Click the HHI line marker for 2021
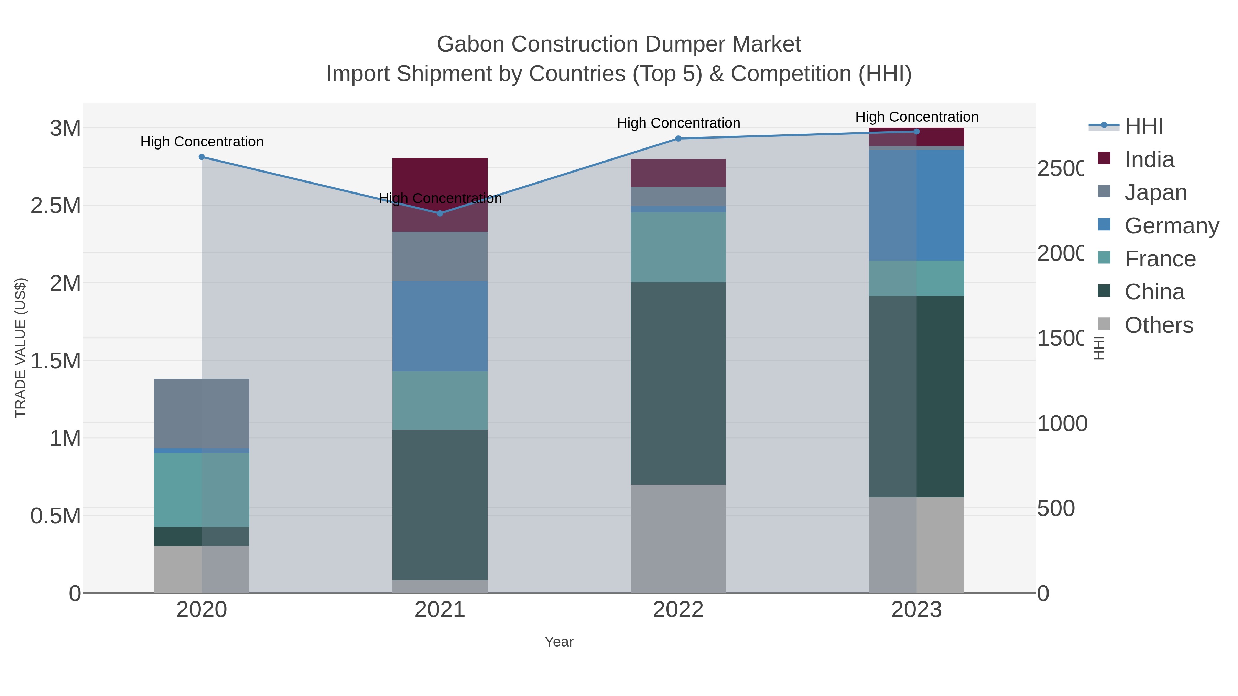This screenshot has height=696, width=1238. click(440, 213)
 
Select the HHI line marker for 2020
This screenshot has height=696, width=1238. click(202, 157)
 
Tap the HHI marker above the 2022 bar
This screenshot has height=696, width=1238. click(678, 139)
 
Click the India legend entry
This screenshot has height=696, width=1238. click(1149, 159)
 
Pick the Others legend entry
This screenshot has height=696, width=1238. click(1158, 325)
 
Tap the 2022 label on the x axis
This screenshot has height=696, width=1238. click(678, 610)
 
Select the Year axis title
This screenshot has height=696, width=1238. click(559, 642)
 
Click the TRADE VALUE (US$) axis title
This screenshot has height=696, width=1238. click(21, 348)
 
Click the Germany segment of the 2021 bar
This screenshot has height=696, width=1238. click(440, 326)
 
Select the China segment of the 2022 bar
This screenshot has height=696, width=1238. click(678, 383)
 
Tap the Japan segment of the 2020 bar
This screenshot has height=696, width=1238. click(202, 413)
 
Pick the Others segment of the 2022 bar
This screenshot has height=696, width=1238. click(678, 538)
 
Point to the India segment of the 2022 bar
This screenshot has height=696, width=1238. click(678, 173)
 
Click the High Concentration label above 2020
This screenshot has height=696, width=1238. click(202, 142)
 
